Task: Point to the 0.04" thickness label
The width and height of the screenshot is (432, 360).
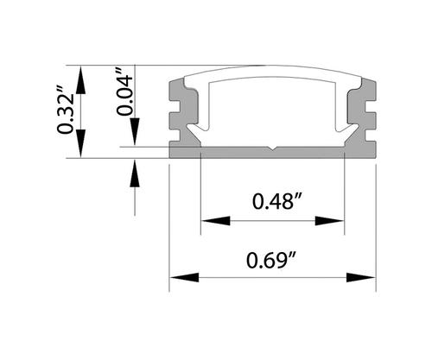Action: point(124,91)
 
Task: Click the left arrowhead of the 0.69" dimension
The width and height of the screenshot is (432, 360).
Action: point(177,278)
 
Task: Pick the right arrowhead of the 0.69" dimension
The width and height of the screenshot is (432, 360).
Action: point(366,278)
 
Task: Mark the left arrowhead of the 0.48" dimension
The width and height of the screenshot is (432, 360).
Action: point(209,222)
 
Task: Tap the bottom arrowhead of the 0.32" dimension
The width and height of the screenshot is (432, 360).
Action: point(82,148)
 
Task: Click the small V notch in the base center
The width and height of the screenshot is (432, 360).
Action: point(272,148)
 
